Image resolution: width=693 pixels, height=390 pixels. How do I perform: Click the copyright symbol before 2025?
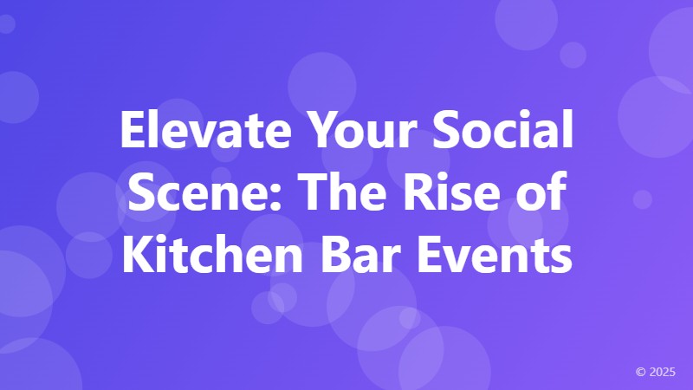(640, 372)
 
